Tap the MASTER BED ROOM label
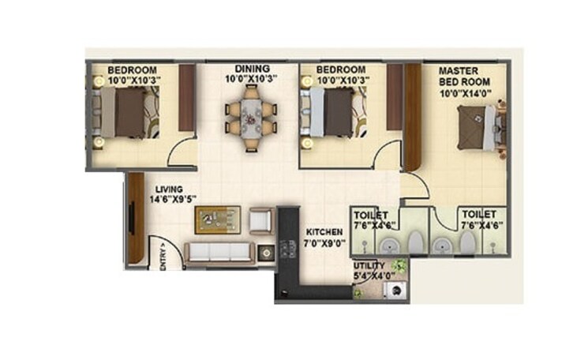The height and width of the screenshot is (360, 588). click(465, 76)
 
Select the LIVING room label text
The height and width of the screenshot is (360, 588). click(170, 189)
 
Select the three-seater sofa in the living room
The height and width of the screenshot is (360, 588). click(219, 253)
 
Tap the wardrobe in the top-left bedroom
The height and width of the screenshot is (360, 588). click(187, 98)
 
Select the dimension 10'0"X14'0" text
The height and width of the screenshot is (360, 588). click(466, 95)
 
